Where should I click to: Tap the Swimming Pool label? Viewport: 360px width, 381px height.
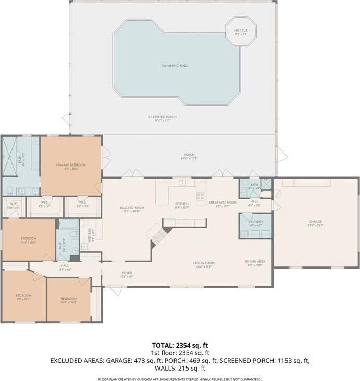[175, 66]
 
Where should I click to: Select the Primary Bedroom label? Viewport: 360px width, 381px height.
[71, 165]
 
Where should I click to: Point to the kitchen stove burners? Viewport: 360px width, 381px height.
[200, 196]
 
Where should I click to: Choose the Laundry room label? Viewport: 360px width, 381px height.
[256, 222]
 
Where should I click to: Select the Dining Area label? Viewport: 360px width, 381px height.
[255, 261]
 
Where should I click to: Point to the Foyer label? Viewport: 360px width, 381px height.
[127, 272]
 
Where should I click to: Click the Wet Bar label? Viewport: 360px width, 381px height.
[90, 236]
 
